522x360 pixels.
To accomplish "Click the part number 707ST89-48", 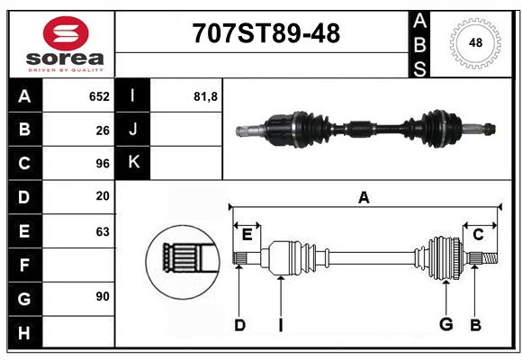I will [x=266, y=33].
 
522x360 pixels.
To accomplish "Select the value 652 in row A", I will [x=99, y=96].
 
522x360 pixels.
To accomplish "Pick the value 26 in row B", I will [x=103, y=130].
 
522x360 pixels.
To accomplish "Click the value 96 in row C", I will [x=103, y=164].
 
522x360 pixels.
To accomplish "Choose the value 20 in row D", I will [x=103, y=196].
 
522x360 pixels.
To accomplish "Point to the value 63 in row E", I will [x=103, y=231].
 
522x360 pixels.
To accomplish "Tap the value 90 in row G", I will [x=103, y=295].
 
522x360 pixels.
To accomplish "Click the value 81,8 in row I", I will [x=206, y=96].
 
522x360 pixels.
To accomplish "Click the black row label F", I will [x=24, y=265].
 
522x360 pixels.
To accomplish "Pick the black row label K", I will [x=133, y=164].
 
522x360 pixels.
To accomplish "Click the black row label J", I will [x=133, y=130].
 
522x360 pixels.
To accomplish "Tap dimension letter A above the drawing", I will [x=364, y=197].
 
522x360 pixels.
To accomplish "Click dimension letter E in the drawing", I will [x=247, y=234].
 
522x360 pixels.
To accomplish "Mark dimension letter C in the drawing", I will [x=478, y=234].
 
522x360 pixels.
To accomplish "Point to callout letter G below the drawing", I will [x=445, y=325].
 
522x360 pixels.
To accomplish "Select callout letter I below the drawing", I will [x=280, y=325].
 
